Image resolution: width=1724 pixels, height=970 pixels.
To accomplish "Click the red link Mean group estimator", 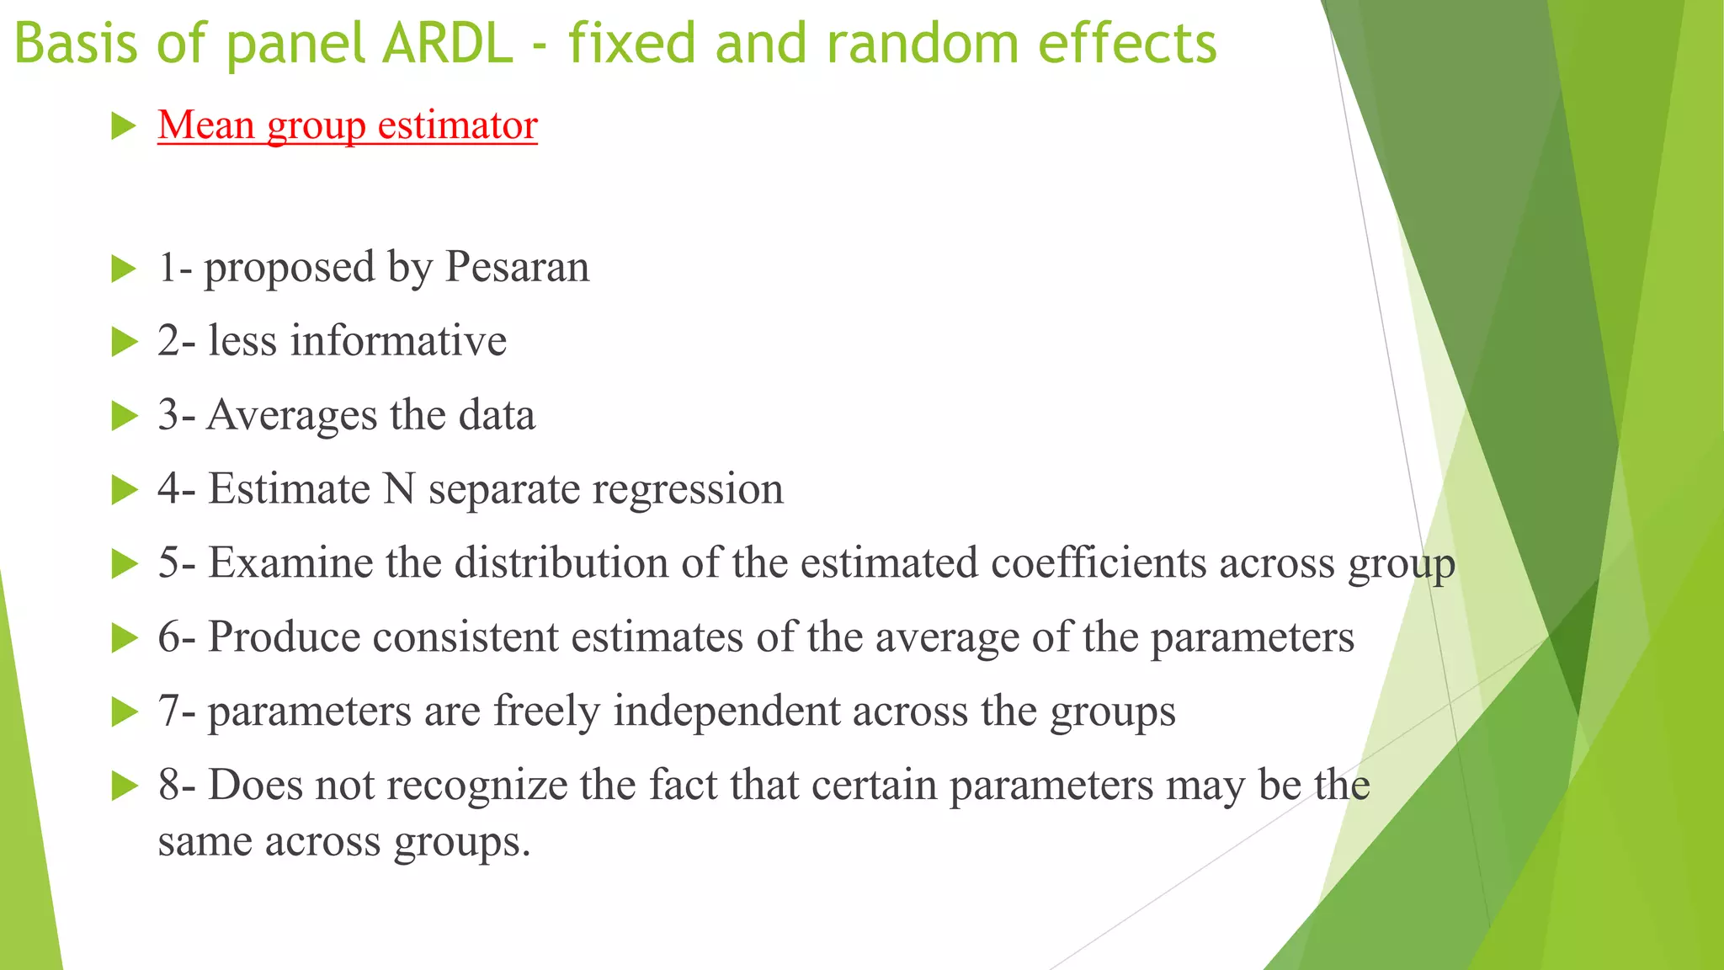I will (347, 125).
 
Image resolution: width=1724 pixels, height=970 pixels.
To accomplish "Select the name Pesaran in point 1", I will (517, 268).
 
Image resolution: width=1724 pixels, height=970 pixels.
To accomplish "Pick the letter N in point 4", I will (399, 489).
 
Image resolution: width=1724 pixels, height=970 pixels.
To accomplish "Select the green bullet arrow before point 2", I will (124, 343).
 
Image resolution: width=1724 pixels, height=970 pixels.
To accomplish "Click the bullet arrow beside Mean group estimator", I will (124, 127).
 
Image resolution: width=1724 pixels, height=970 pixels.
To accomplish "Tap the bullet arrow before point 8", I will (124, 786).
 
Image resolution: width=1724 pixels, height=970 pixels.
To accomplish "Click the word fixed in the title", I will (632, 44).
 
